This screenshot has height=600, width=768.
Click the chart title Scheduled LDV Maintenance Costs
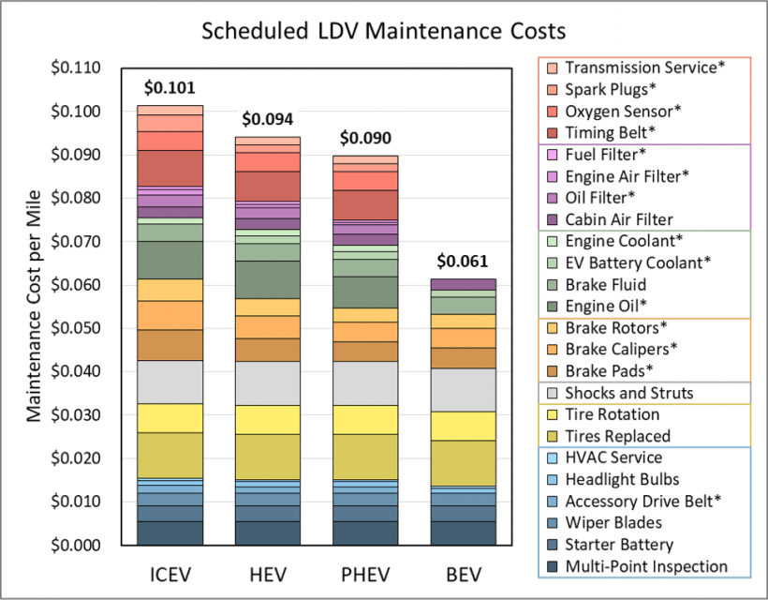click(x=384, y=31)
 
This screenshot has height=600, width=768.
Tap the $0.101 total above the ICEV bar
click(x=170, y=88)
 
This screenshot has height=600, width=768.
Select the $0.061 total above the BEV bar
click(x=463, y=261)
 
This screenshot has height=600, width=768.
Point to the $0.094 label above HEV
click(x=267, y=119)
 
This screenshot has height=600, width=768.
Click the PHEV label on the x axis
click(x=365, y=573)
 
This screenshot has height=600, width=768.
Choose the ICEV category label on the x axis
click(x=170, y=573)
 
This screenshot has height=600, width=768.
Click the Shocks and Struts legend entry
click(x=628, y=393)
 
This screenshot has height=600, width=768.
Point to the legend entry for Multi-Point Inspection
click(x=646, y=566)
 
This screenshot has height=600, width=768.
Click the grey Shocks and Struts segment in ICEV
click(x=170, y=382)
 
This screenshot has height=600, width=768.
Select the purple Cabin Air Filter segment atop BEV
click(x=463, y=284)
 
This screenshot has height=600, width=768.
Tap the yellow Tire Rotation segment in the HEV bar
click(x=267, y=419)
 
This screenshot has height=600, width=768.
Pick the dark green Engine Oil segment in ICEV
click(x=170, y=260)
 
